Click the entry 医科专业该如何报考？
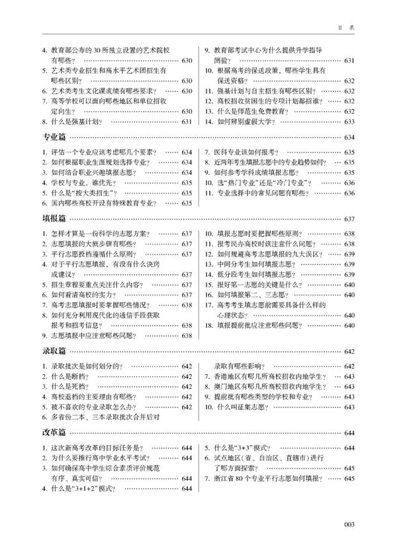coord(245,152)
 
